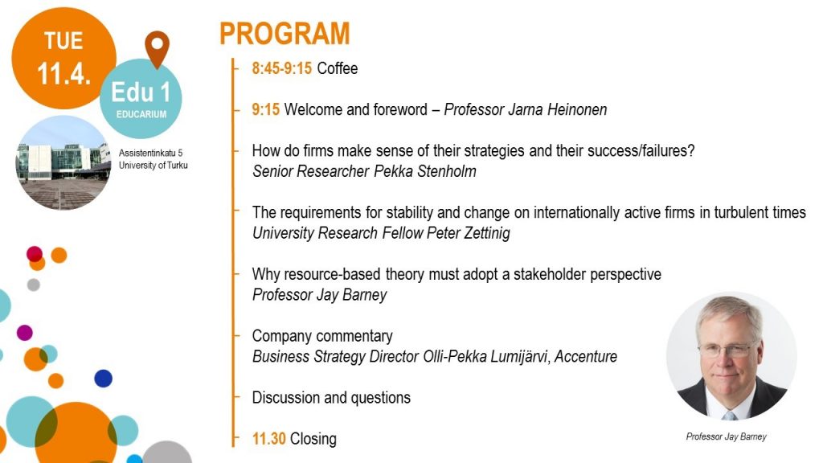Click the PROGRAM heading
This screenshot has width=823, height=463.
(285, 34)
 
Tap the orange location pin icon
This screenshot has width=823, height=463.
(157, 48)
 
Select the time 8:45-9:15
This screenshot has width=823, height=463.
(282, 68)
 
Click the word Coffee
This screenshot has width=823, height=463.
(338, 68)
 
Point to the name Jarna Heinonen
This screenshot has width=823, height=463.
(558, 109)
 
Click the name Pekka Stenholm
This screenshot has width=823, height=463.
(425, 171)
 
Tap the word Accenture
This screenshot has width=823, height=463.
(586, 356)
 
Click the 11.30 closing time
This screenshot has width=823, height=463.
(268, 438)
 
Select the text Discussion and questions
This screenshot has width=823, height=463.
(331, 397)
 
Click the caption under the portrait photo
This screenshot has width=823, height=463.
(726, 436)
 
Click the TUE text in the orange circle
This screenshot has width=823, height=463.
(63, 40)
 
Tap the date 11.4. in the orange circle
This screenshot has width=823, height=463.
(63, 73)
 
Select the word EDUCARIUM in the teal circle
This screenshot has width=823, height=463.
(141, 114)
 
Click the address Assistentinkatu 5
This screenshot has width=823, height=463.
(150, 153)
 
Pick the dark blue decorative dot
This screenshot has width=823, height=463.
(104, 379)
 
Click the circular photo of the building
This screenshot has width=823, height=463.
(63, 162)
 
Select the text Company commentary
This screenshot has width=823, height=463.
(322, 336)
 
